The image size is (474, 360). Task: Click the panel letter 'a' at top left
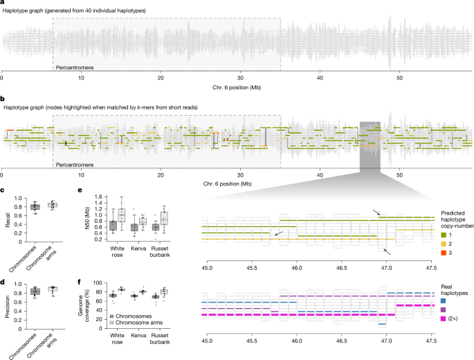pos(3,3)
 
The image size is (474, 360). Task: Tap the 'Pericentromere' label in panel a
pos(75,67)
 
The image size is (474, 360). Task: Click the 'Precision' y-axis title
pos(6,300)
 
